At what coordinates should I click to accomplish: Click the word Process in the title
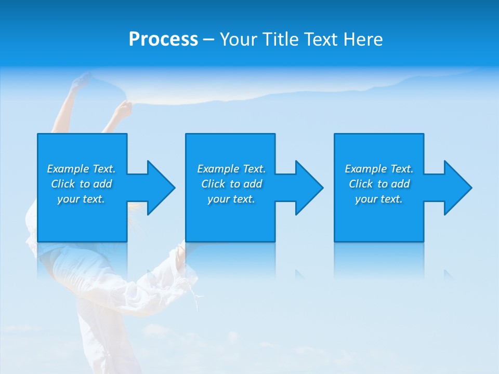pos(163,39)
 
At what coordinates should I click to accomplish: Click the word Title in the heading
pos(280,39)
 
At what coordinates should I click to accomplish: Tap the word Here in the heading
pos(363,39)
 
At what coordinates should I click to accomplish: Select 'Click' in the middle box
pos(213,184)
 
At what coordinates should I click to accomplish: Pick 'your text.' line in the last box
pos(379,199)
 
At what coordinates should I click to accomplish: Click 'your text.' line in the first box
pos(81,199)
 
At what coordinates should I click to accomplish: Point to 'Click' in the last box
pos(361,184)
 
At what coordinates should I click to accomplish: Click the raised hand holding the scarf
pos(123,110)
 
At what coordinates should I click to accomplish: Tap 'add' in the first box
pos(103,184)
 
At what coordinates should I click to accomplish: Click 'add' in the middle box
pos(253,184)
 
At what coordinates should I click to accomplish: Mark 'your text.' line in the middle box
pos(231,199)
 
